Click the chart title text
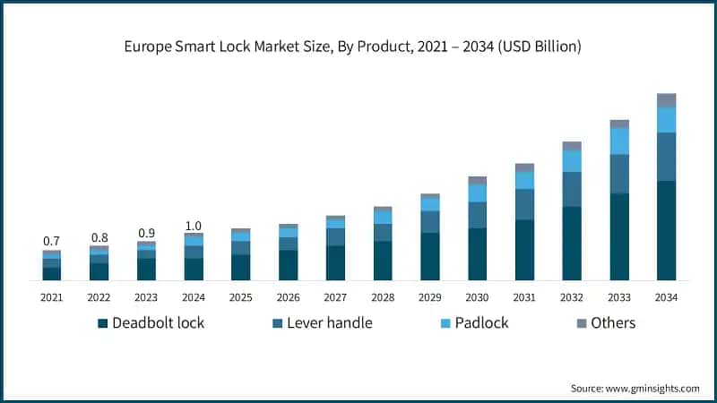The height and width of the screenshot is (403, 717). point(358,47)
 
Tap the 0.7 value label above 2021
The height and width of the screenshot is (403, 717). point(51,241)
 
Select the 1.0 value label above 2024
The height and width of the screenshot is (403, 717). point(194,226)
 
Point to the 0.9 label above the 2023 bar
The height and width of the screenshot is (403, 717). point(146,233)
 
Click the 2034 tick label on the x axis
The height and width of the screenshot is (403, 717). point(666,297)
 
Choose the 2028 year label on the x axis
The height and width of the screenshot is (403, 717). point(383,297)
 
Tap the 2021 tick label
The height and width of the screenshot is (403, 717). point(51,297)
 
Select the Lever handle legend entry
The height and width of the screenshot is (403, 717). point(324,322)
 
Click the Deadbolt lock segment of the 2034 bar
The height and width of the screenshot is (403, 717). point(666,230)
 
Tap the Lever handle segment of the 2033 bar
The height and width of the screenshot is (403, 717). point(619,174)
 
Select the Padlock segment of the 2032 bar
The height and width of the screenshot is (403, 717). point(572,160)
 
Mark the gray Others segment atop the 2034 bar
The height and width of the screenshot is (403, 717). point(666,99)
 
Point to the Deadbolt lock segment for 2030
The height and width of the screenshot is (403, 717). point(477,253)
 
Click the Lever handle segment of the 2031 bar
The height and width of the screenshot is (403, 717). point(524,204)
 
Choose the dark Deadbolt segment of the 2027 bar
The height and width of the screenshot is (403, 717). point(335,262)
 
